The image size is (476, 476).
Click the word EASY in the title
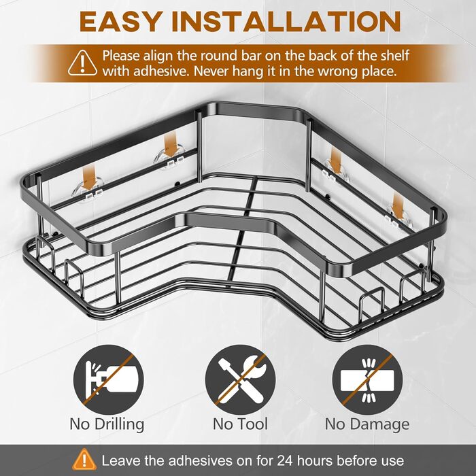[x=120, y=22]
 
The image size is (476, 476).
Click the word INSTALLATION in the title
[x=286, y=22]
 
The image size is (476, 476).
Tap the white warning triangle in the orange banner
[x=82, y=63]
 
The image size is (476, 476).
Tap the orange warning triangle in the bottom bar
[x=84, y=459]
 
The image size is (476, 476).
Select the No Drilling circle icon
[x=108, y=379]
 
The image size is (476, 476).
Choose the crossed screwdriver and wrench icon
[x=240, y=379]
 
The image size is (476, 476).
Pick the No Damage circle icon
[x=367, y=379]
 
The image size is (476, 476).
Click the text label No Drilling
[x=107, y=424]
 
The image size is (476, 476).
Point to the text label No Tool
[x=240, y=424]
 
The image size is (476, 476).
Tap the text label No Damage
[x=367, y=425]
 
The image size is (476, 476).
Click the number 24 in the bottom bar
[x=285, y=461]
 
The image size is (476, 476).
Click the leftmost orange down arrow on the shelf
[x=90, y=178]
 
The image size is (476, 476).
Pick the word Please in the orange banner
[x=121, y=56]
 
